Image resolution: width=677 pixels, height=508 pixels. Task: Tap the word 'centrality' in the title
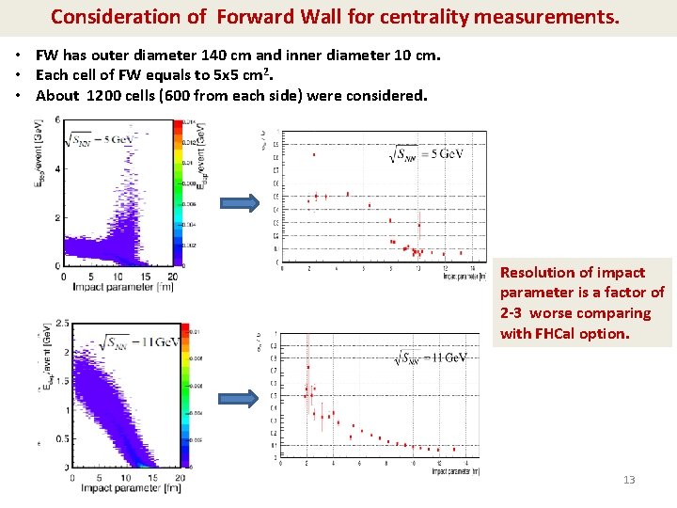coord(423,17)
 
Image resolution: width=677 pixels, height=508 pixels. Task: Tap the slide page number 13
coord(629,480)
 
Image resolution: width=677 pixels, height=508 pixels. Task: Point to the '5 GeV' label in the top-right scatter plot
coord(429,153)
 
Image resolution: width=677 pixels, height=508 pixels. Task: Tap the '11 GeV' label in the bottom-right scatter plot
coord(433,358)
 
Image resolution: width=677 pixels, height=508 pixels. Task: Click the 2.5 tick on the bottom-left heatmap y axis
coord(62,324)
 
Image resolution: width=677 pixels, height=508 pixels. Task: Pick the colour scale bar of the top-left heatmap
coord(176,193)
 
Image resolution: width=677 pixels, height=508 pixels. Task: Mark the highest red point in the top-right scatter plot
coord(314,155)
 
